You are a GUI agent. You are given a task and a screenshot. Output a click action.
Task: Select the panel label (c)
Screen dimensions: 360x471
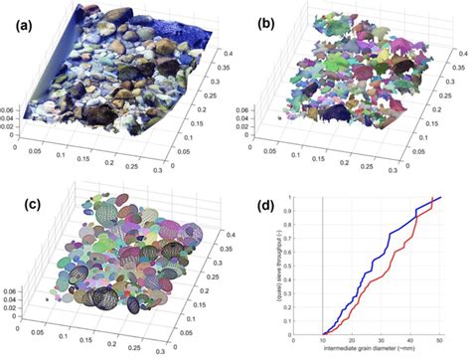pyautogui.click(x=23, y=207)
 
